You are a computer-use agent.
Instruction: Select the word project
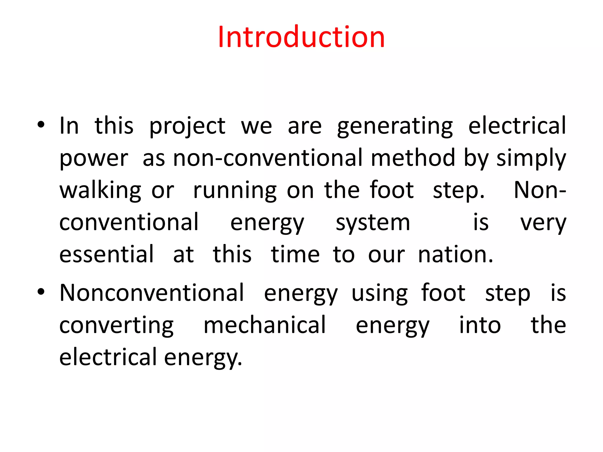click(187, 126)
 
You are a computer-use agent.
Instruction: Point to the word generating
click(395, 126)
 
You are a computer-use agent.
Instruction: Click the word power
click(94, 158)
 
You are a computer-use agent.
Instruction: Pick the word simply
click(531, 158)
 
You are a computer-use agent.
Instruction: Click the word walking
click(100, 190)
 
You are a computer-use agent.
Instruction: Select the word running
click(235, 191)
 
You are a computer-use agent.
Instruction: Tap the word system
click(373, 223)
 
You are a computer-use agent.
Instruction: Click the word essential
click(107, 254)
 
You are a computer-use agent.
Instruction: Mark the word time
click(295, 254)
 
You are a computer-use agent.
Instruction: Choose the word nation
click(455, 254)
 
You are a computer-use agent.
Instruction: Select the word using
click(380, 293)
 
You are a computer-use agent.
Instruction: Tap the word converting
click(117, 325)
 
